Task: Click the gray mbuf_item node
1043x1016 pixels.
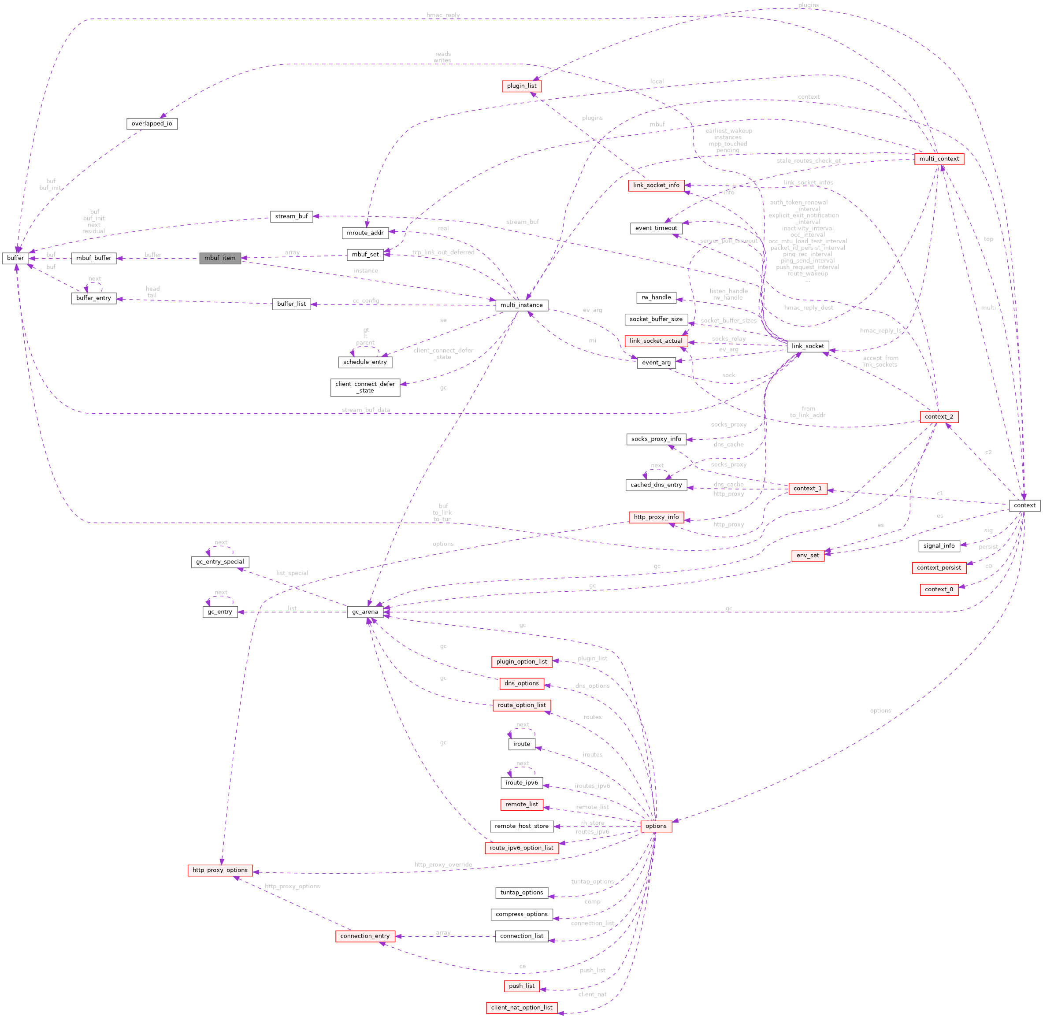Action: [220, 258]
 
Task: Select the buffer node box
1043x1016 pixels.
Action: [15, 258]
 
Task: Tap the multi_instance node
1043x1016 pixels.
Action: [522, 305]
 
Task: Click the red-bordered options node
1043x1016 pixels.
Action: [656, 826]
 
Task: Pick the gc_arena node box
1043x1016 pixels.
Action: [365, 612]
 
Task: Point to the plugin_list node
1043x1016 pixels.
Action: [522, 86]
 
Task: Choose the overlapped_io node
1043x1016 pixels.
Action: [152, 124]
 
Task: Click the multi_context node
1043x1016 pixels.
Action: [939, 159]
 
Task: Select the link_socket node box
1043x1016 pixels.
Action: [808, 346]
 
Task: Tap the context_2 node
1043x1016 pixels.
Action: [939, 417]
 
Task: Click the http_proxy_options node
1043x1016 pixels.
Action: [220, 870]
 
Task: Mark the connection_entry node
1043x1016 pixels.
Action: [365, 936]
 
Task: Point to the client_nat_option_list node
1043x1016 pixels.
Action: [522, 1008]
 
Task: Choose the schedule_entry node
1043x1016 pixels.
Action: [365, 362]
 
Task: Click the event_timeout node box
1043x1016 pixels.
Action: [656, 228]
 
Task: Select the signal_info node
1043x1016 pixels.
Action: [939, 546]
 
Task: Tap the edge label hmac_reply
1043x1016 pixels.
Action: [443, 15]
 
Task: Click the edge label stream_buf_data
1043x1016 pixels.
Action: [366, 410]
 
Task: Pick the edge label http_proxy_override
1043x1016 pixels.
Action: [443, 864]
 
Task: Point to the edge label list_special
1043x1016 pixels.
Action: [292, 573]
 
